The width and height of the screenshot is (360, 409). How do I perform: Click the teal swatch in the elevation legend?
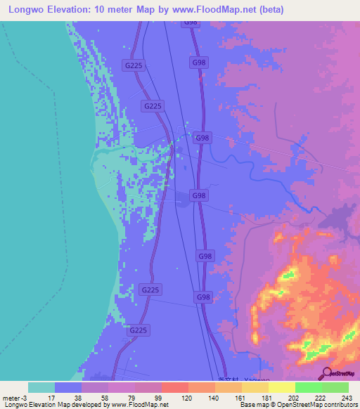pos(41,387)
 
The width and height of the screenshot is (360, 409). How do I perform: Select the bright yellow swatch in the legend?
pos(281,387)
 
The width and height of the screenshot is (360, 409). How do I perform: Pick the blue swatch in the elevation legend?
pos(68,387)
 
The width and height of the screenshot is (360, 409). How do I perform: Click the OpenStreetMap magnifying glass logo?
pos(326,373)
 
